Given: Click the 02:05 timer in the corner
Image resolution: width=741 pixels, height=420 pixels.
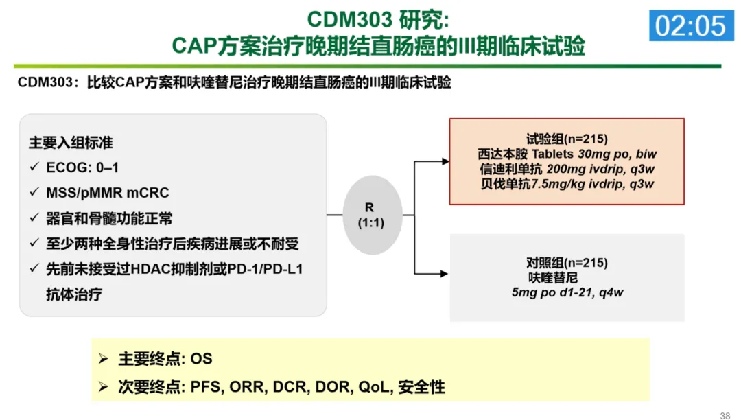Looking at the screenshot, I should point(690,25).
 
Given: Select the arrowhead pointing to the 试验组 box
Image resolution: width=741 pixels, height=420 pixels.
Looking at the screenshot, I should point(445,161).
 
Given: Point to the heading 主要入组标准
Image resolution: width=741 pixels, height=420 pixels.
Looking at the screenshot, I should point(71,143).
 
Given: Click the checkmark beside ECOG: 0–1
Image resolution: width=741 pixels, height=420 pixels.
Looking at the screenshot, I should point(34,168).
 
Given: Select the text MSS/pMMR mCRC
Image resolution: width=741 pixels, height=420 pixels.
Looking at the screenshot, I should point(108,193).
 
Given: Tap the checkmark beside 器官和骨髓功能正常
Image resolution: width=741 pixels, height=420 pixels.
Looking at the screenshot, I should point(34,219).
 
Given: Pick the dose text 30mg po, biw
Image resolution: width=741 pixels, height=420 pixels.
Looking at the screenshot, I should point(617,154).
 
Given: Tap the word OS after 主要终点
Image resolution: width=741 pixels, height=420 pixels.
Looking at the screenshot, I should point(202,359).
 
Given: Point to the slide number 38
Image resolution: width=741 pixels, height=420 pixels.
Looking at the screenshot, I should point(725,415).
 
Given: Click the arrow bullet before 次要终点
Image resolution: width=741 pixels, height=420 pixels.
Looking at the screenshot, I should point(103,386).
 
